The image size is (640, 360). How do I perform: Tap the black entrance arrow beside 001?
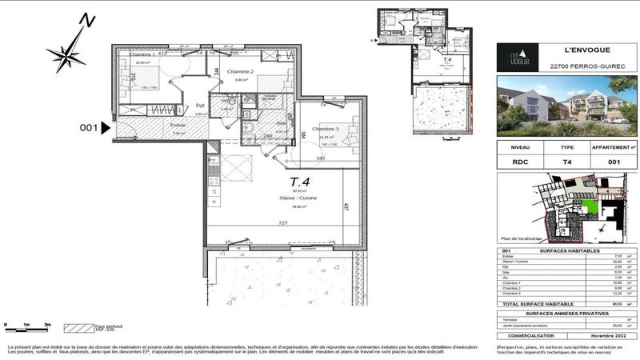[x=105, y=127]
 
